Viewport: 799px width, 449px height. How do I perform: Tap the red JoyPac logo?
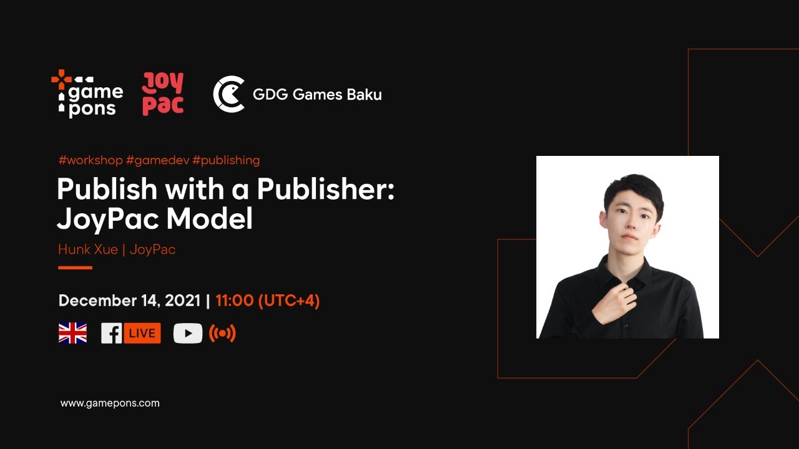point(163,94)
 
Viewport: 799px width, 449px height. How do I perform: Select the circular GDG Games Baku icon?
point(228,94)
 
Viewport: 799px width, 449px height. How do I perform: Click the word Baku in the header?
point(364,95)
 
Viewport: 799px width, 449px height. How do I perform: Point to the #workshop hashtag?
point(91,160)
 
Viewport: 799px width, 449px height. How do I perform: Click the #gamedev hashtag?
point(157,160)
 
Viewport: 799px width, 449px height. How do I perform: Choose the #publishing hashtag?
point(226,160)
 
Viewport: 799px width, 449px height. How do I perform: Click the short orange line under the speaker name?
point(75,268)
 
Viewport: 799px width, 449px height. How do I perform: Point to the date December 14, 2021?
point(129,301)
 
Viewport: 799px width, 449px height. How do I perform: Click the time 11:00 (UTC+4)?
point(267,301)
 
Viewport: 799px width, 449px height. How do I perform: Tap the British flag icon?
point(72,333)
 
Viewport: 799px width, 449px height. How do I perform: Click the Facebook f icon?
point(111,334)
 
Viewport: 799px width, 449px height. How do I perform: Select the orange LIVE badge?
point(142,334)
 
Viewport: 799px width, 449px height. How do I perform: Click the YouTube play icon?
point(188,334)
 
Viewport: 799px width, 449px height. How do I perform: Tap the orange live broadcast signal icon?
point(222,334)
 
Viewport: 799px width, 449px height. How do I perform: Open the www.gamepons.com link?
point(110,403)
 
